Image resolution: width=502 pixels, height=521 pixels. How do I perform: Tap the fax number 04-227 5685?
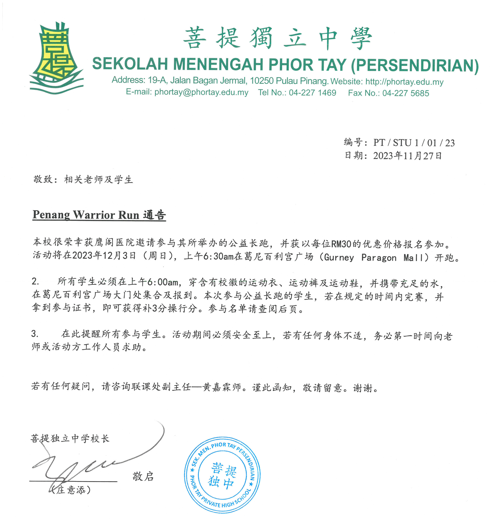[x=406, y=93]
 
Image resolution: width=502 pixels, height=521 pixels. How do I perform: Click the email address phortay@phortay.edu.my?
[x=201, y=92]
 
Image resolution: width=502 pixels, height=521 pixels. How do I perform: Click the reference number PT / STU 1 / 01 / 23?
[x=414, y=143]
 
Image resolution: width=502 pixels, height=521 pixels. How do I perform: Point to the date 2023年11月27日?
[x=407, y=156]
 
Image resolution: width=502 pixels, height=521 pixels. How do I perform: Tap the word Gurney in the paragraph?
[x=339, y=257]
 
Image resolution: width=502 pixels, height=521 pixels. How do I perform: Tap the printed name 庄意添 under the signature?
[x=71, y=490]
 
